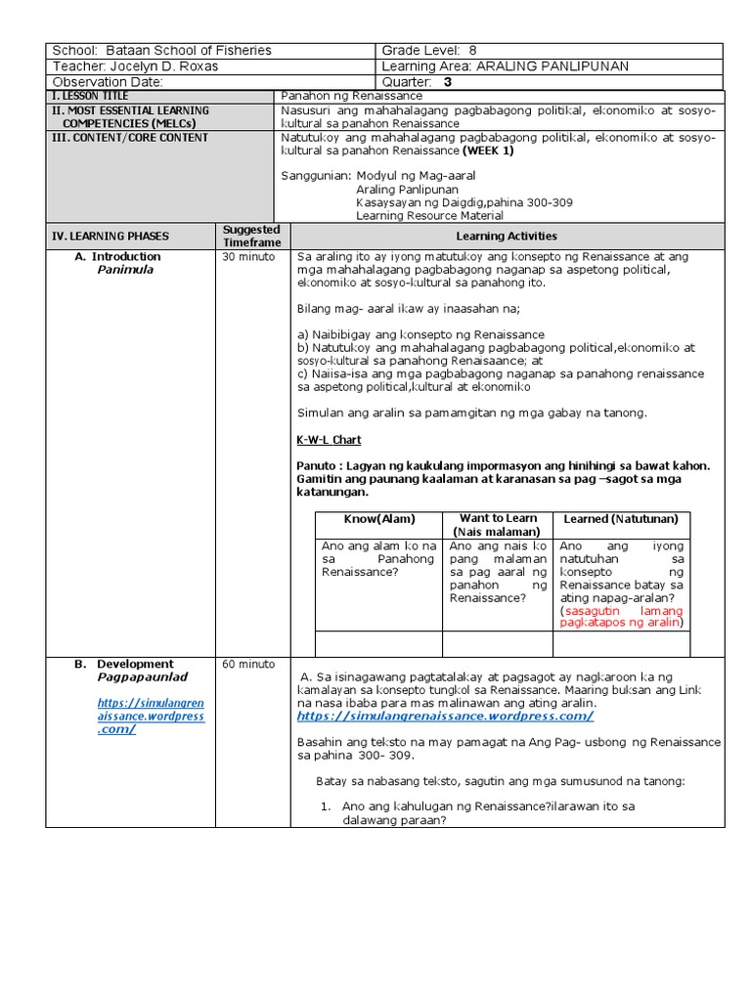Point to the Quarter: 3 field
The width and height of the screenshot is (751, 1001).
click(x=418, y=82)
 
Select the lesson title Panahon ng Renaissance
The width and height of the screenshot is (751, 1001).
click(x=351, y=96)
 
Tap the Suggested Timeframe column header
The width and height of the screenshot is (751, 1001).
click(x=251, y=236)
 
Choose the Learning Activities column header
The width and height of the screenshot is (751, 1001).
click(x=507, y=236)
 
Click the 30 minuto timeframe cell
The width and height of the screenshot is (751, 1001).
click(x=243, y=257)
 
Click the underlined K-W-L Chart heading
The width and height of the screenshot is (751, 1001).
click(x=329, y=440)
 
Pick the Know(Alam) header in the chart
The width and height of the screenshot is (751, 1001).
click(x=379, y=518)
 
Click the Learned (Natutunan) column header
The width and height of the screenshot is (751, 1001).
click(x=621, y=518)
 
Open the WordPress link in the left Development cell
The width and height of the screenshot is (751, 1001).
click(x=151, y=715)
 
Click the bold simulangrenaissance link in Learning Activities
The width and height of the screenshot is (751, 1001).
click(x=445, y=716)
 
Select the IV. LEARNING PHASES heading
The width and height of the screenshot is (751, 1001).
click(x=110, y=236)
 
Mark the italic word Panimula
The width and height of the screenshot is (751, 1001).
click(x=125, y=270)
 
